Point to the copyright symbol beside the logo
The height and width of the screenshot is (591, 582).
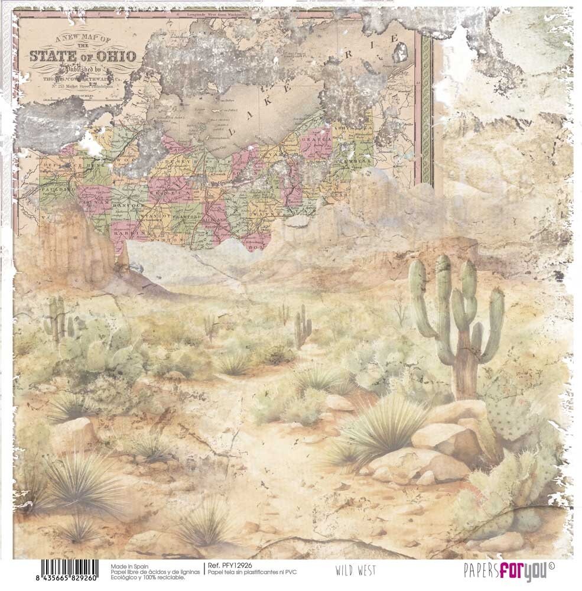(551, 566)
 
